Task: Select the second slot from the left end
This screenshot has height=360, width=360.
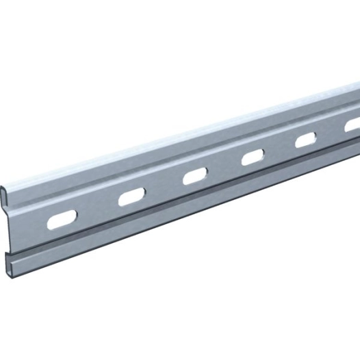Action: tap(129, 198)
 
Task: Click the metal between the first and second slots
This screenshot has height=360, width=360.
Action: tap(95, 209)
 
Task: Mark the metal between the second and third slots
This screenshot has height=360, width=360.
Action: tap(162, 188)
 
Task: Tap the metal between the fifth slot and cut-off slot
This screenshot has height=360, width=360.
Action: tap(329, 133)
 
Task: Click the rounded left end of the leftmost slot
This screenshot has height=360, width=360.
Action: tap(49, 224)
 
